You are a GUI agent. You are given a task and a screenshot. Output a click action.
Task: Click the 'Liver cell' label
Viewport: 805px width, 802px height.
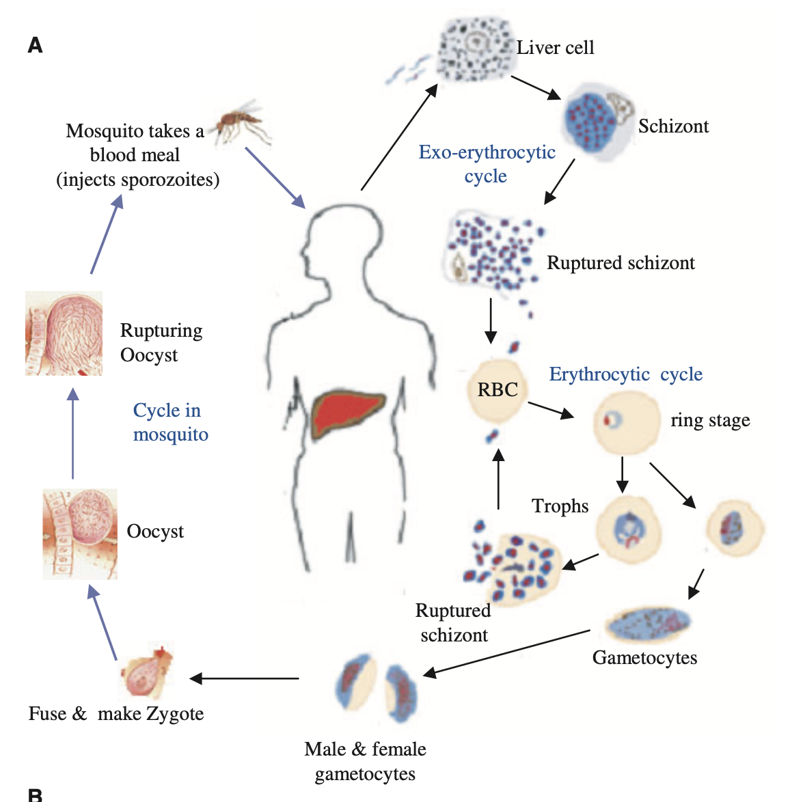pyautogui.click(x=554, y=48)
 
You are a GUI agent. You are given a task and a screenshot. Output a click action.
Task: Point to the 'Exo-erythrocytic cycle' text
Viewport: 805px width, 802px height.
pyautogui.click(x=487, y=164)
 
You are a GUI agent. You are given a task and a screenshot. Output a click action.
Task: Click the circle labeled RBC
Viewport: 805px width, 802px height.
pyautogui.click(x=497, y=391)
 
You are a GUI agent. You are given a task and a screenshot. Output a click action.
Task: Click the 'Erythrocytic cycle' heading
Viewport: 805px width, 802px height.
pyautogui.click(x=625, y=374)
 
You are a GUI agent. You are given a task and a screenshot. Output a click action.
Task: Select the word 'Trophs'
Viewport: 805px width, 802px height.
pyautogui.click(x=560, y=506)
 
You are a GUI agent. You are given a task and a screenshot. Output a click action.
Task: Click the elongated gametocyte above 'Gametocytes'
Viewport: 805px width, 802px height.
pyautogui.click(x=647, y=622)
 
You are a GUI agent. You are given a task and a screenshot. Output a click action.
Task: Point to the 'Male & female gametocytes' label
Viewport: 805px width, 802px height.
pyautogui.click(x=365, y=761)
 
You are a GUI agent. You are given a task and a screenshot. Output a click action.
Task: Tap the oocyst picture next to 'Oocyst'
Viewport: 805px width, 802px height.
pyautogui.click(x=80, y=534)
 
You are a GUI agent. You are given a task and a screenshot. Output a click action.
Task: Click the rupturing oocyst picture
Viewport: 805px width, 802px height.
pyautogui.click(x=64, y=333)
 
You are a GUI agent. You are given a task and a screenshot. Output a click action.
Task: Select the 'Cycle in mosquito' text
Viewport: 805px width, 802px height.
pyautogui.click(x=170, y=422)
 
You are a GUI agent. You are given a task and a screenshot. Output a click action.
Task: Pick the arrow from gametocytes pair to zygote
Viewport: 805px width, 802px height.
pyautogui.click(x=245, y=678)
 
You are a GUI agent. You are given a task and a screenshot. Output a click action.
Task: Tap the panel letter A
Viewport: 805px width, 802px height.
pyautogui.click(x=35, y=46)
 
